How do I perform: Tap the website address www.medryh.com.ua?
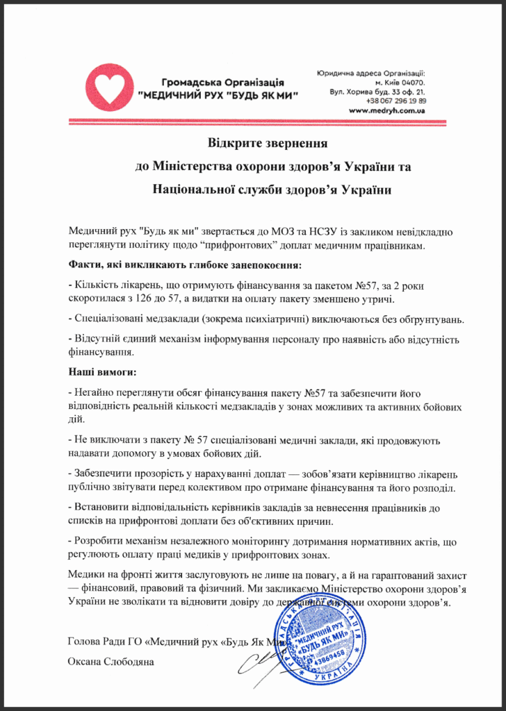pyautogui.click(x=387, y=110)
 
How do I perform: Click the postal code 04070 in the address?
pyautogui.click(x=411, y=82)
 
